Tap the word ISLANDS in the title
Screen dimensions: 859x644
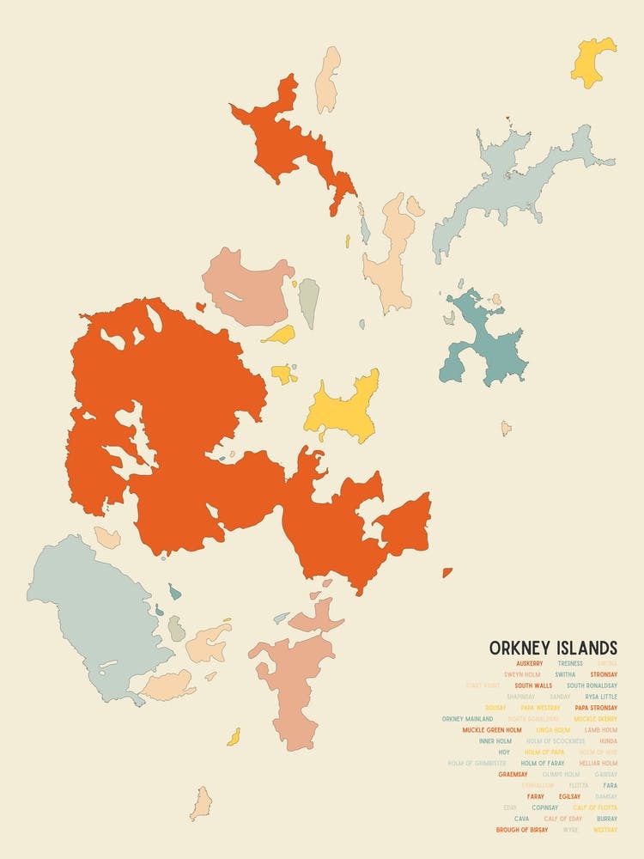pos(587,647)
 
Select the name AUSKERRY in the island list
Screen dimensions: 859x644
pos(529,663)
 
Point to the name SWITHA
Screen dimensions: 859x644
pos(565,674)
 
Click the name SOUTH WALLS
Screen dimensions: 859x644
pos(533,685)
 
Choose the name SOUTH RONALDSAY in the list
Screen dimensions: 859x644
pos(592,685)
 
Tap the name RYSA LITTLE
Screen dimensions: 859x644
pos(601,697)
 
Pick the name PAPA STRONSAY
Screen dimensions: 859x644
pos(596,708)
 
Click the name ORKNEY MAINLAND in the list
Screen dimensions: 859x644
pos(467,719)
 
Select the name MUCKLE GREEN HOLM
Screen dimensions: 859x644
pos(492,730)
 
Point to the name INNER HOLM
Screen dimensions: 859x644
pos(495,740)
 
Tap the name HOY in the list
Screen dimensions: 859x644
pos(504,752)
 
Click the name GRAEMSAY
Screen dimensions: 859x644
pos(513,774)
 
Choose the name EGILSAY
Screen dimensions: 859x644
pos(569,796)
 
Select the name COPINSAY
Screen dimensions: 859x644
pos(544,807)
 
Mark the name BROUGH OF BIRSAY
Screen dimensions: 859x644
pos(522,830)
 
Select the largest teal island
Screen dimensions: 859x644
pos(485,339)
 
